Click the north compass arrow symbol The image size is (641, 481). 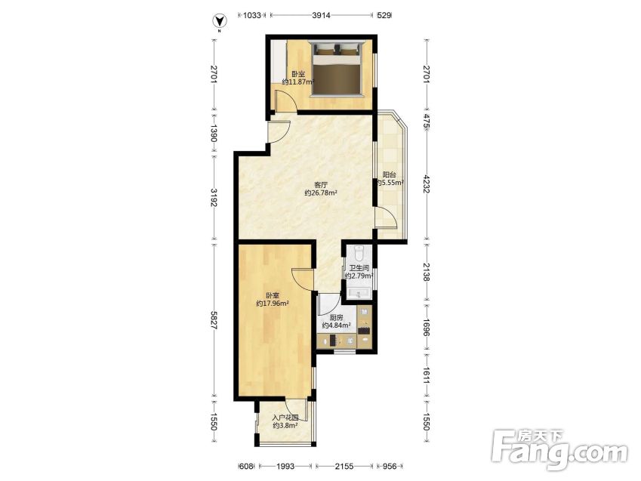coord(220,20)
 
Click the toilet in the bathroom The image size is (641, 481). coord(359,253)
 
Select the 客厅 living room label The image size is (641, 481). coord(321,185)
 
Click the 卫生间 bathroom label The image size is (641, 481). coord(359,268)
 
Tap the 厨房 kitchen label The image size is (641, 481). coord(336,317)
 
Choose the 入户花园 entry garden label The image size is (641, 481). coord(285,418)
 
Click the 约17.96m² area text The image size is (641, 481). coord(273,304)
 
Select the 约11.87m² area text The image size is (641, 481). coord(298,82)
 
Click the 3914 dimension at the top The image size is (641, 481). coord(321,16)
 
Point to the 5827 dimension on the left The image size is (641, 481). coord(214,320)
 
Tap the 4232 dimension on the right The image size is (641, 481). coord(427,185)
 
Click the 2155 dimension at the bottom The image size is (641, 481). coord(344,467)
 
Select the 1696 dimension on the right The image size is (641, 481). coord(427,328)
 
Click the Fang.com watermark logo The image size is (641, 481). coord(559,449)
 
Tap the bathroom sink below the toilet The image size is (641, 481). coord(359,293)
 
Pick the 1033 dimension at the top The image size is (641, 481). coord(252,16)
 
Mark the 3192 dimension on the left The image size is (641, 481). coord(214,197)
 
